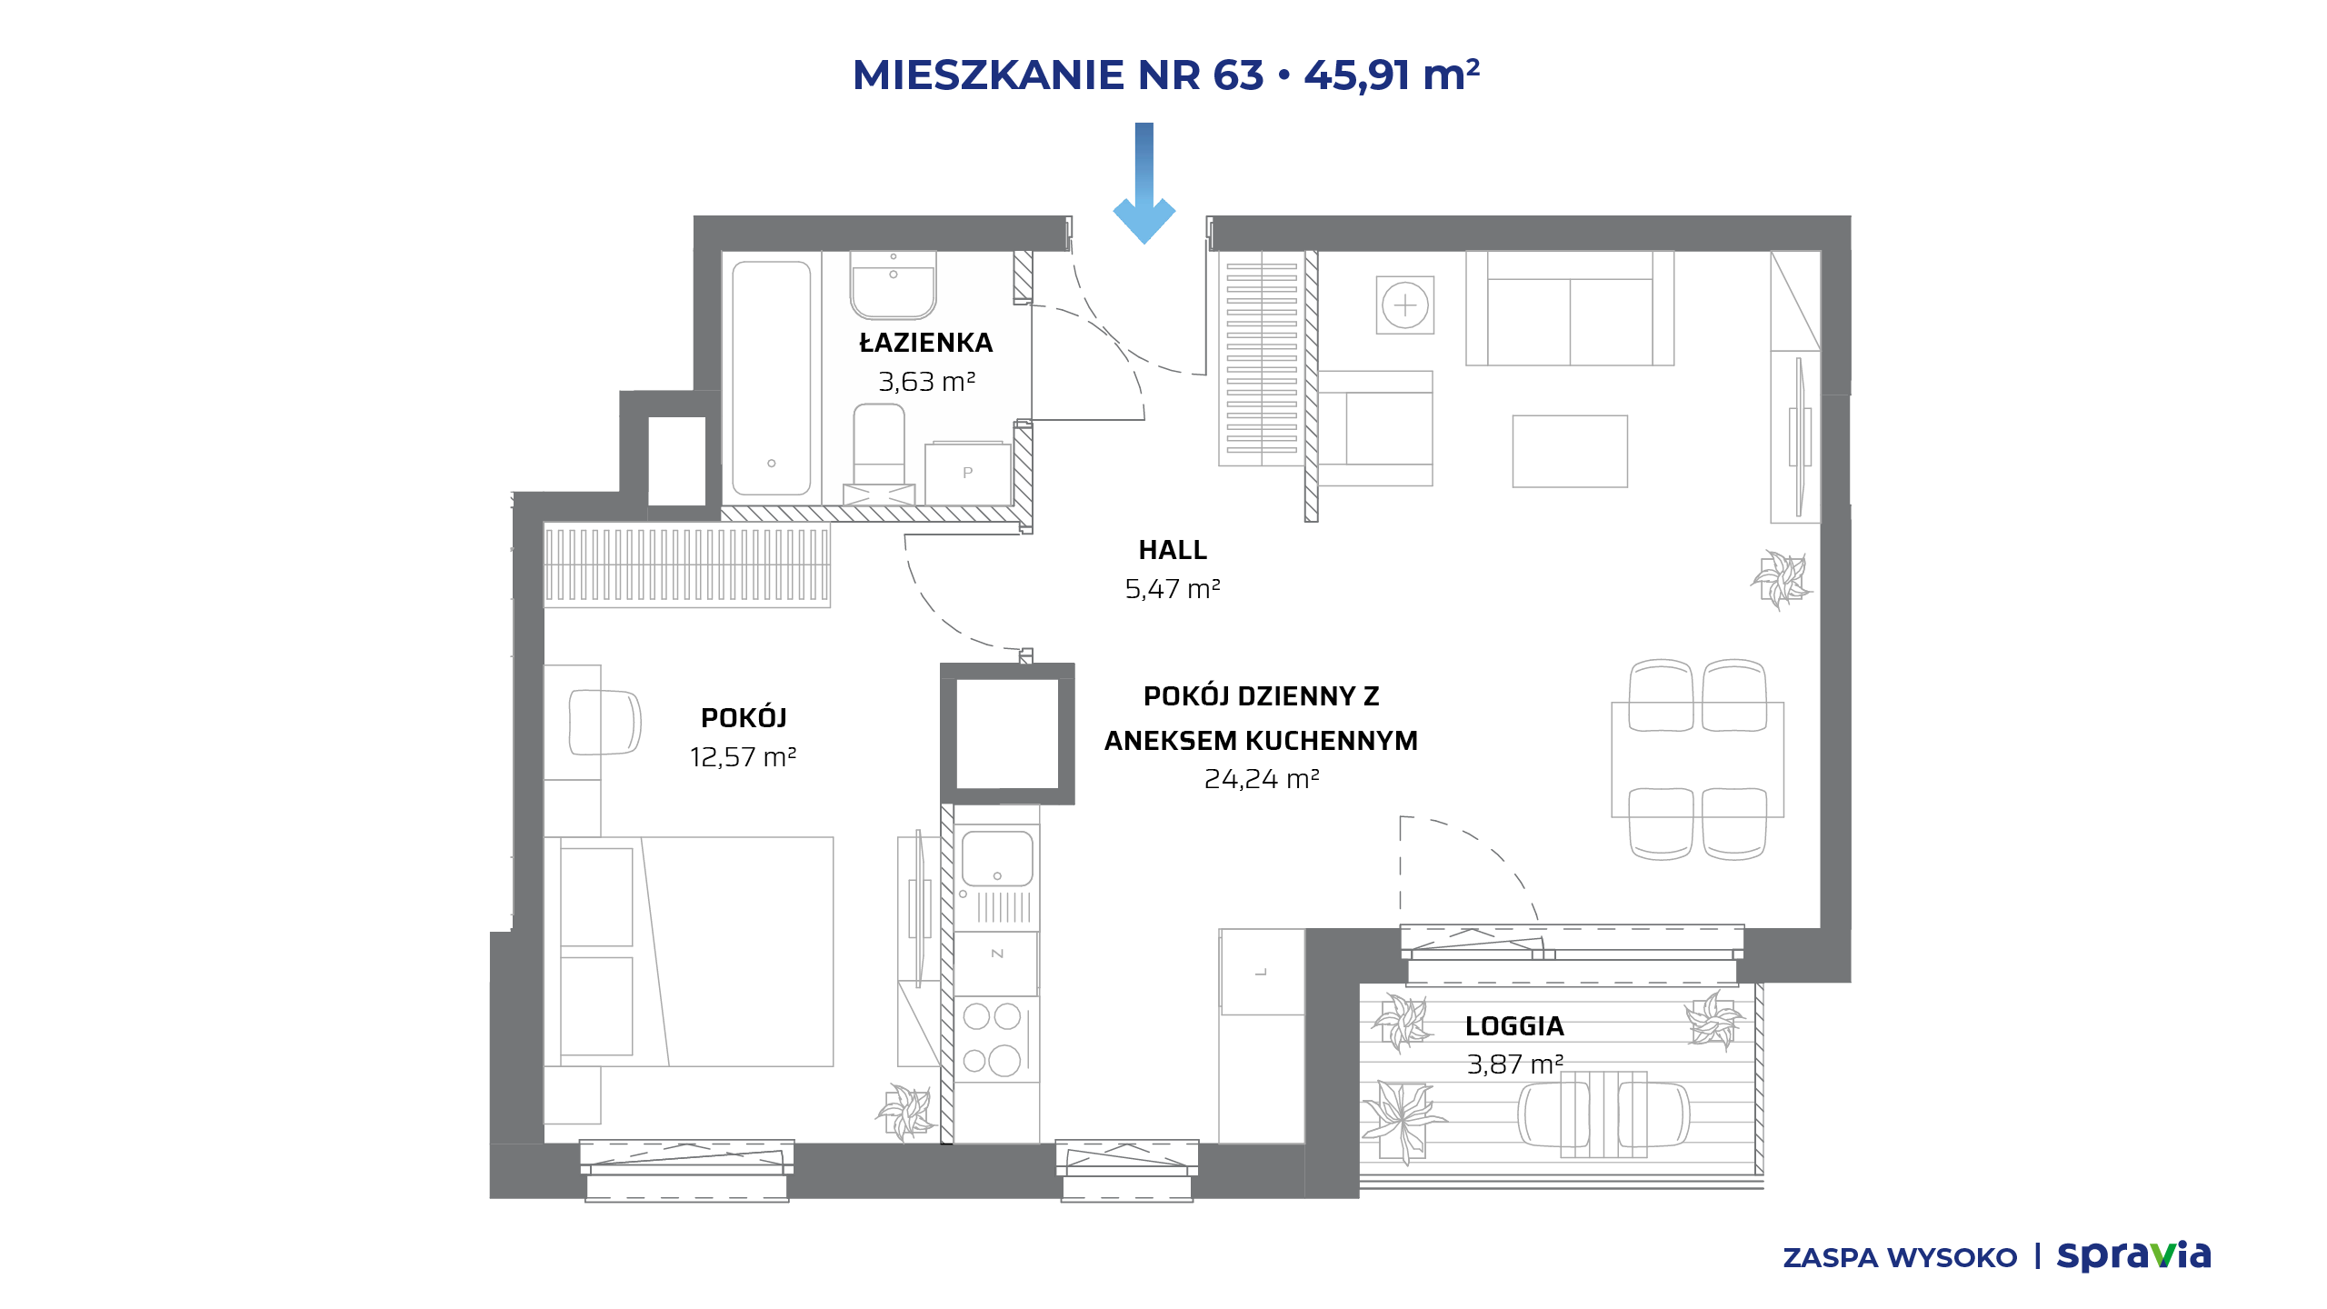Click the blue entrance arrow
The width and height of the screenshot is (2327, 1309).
coord(1144,183)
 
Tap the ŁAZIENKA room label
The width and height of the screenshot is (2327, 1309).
coord(926,343)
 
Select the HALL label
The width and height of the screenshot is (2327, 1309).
coord(1173,550)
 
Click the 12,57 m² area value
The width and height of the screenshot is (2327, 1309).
coord(744,756)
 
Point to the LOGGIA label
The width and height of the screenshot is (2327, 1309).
coord(1514,1026)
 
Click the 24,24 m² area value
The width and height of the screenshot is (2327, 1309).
coord(1262,779)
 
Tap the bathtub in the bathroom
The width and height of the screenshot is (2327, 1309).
coord(772,378)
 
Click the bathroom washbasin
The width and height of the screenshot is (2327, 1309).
coord(894,285)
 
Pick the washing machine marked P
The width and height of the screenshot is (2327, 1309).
coord(968,474)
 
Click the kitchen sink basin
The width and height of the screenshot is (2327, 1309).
coord(997,857)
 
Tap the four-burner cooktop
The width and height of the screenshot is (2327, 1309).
coord(993,1039)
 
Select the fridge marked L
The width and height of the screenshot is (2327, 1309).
coord(1263,972)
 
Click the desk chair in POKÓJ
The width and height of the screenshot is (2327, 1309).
coord(604,723)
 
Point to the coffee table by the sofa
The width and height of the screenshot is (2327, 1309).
coord(1570,452)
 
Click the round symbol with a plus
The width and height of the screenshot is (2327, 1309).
coord(1405,305)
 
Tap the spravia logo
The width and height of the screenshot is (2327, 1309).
coord(2133,1256)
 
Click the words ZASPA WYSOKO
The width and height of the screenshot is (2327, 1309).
coord(1900,1258)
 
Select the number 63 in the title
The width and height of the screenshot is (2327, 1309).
coord(1238,75)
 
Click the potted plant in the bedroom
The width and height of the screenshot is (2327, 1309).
coord(906,1111)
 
